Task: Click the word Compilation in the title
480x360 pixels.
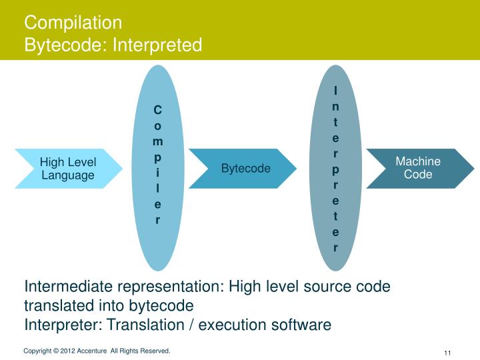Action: pos(73,23)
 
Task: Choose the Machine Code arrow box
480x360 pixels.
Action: pos(418,168)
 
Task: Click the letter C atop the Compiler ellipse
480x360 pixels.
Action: pos(157,109)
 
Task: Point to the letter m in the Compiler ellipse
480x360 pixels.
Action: pos(157,141)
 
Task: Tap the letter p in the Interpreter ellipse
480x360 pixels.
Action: pos(335,169)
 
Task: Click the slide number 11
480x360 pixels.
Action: pos(447,353)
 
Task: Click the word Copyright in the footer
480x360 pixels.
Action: pos(37,351)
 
